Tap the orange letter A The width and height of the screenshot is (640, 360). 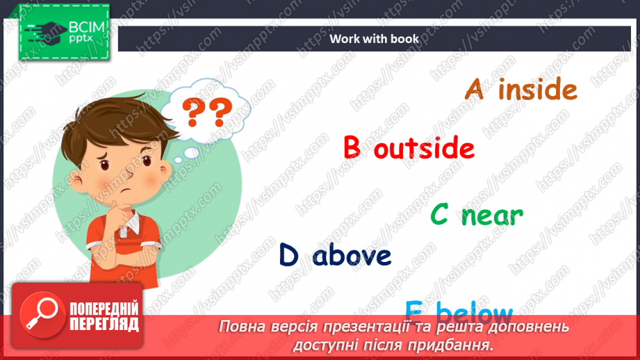point(474,90)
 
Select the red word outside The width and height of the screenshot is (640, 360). point(424,149)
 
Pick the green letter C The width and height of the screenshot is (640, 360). point(439,215)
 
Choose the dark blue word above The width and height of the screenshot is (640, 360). point(352,256)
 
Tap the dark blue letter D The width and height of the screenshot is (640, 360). point(288,255)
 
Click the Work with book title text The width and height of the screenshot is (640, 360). point(375,39)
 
